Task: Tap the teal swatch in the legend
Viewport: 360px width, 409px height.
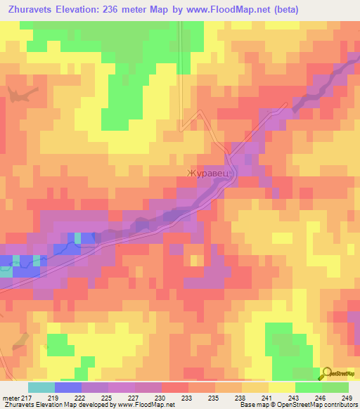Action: click(41, 387)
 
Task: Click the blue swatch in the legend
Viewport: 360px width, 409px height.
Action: click(68, 387)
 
